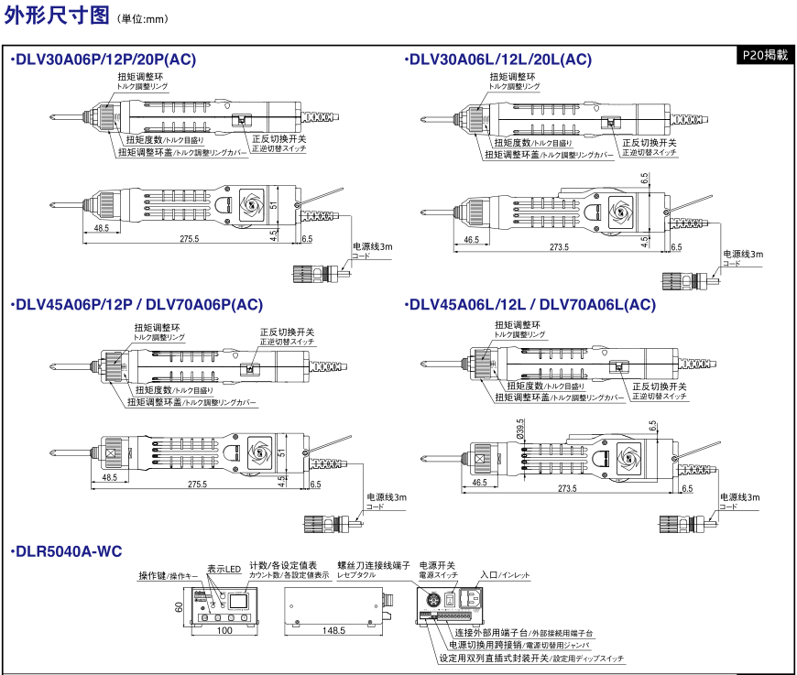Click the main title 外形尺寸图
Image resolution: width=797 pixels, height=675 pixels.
[x=56, y=16]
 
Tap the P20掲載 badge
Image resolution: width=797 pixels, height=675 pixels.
[x=764, y=55]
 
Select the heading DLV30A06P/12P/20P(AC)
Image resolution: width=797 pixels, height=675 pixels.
[x=104, y=60]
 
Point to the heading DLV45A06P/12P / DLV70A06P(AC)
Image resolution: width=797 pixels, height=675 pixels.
[x=137, y=305]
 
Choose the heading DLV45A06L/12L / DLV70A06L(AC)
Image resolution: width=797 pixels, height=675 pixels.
[x=531, y=305]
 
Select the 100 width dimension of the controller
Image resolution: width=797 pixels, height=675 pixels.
[x=224, y=631]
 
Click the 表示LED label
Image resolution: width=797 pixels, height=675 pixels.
[x=223, y=569]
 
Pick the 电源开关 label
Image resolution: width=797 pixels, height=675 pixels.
[x=437, y=565]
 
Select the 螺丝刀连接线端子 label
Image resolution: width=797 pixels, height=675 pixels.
[x=373, y=565]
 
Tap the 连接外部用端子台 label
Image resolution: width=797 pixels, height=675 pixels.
[x=523, y=632]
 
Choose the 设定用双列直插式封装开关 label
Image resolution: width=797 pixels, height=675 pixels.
[x=531, y=658]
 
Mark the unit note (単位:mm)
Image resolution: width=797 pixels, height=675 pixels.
[x=145, y=18]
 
